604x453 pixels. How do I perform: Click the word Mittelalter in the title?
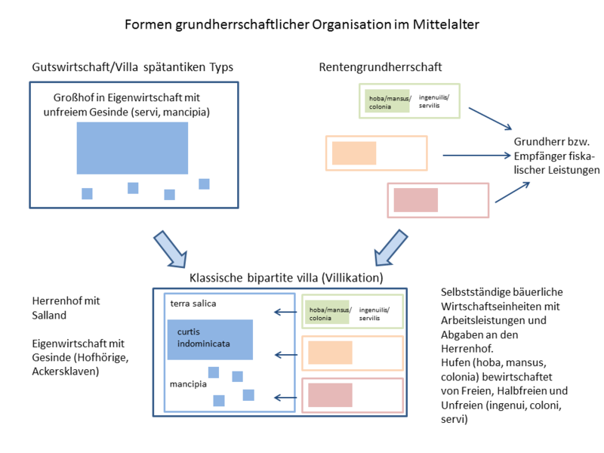(x=445, y=25)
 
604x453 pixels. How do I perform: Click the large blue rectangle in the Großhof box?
(x=132, y=148)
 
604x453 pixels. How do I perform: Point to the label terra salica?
(x=193, y=304)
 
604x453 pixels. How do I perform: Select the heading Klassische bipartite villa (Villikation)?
(x=286, y=278)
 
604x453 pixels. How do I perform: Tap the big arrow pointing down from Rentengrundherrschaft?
(x=391, y=246)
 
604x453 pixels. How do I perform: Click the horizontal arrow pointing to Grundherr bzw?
(x=476, y=156)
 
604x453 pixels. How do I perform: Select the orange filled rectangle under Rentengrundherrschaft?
(x=354, y=153)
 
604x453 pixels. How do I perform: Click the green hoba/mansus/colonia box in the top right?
(x=387, y=101)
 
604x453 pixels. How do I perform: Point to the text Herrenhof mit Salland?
(x=66, y=307)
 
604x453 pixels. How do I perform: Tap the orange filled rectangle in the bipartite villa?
(x=331, y=353)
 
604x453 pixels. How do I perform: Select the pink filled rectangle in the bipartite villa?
(x=331, y=395)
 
